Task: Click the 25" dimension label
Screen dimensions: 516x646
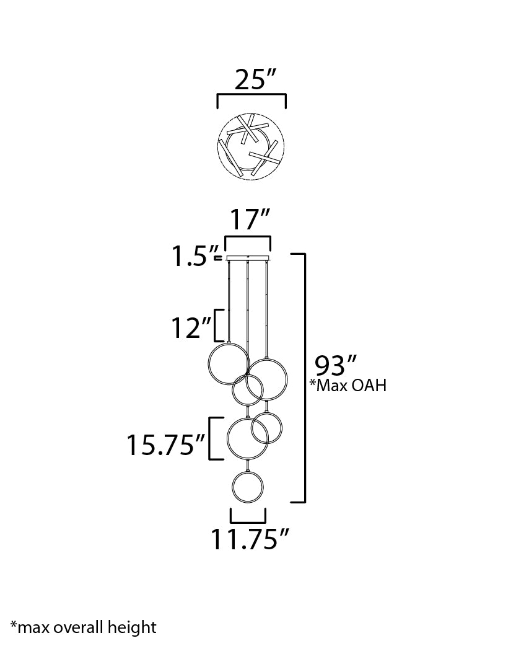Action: (x=255, y=79)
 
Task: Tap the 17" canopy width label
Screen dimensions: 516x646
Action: (x=250, y=219)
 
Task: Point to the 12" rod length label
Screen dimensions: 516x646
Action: (x=191, y=328)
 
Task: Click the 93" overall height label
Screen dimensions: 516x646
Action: (x=335, y=365)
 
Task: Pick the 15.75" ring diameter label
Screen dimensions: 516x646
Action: (x=165, y=445)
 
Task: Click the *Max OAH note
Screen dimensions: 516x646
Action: (x=348, y=385)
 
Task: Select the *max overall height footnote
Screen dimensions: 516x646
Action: (x=83, y=627)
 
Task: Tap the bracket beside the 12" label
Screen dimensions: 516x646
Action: (x=219, y=325)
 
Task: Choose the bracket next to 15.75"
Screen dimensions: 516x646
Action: (x=216, y=438)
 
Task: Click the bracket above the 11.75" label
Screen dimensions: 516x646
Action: (x=248, y=516)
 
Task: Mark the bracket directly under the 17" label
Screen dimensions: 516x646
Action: (x=248, y=243)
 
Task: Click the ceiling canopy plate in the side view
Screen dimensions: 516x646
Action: (x=248, y=258)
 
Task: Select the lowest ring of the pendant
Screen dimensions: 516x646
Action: (x=248, y=487)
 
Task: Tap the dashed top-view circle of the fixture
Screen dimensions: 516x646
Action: (x=251, y=146)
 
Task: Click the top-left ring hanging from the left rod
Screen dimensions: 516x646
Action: (x=229, y=364)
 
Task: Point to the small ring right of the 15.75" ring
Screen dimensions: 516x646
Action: (x=266, y=428)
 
